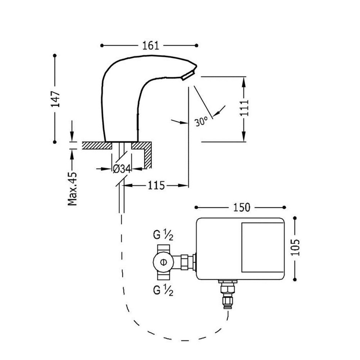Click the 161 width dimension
(x=150, y=45)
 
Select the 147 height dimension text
(x=55, y=99)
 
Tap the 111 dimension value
(x=244, y=108)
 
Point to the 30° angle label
(x=201, y=121)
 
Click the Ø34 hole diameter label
(x=121, y=168)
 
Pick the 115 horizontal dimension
(x=156, y=186)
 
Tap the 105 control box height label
(x=295, y=248)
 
